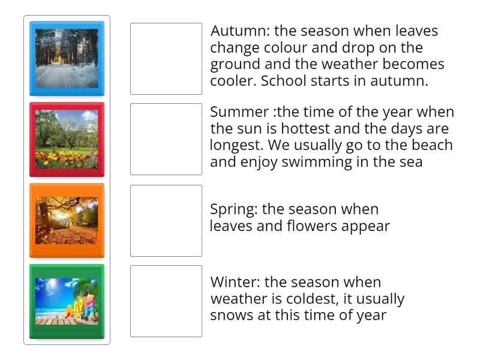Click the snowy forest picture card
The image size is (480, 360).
(67, 59)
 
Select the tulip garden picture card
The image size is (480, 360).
(67, 139)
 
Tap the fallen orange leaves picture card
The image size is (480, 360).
(67, 220)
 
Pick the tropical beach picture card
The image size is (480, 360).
(67, 301)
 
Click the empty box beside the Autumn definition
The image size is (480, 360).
(166, 59)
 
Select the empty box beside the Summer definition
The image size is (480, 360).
(166, 139)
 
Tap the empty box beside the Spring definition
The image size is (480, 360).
(166, 220)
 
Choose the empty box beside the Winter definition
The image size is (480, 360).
(166, 301)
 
